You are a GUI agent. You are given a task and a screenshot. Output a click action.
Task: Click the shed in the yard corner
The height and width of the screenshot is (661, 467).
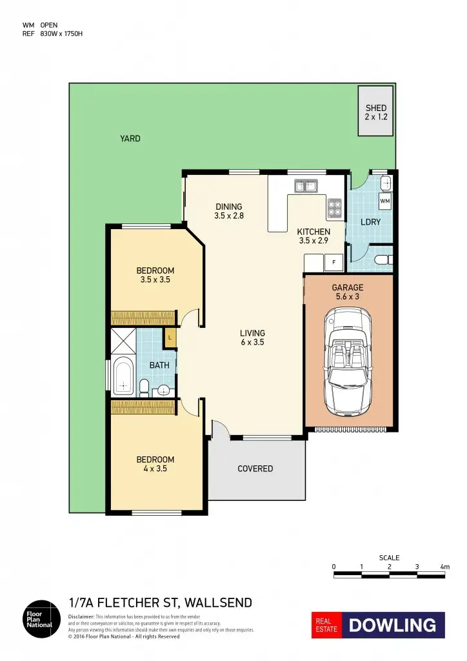[375, 111]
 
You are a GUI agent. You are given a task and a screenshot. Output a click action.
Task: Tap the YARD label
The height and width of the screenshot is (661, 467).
[130, 139]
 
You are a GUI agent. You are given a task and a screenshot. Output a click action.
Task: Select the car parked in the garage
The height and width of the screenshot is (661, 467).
[348, 361]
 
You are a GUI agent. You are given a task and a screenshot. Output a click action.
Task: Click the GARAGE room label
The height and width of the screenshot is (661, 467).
[348, 288]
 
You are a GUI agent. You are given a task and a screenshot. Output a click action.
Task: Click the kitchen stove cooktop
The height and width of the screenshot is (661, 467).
[335, 208]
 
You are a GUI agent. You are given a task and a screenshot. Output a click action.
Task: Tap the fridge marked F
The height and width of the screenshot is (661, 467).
[333, 263]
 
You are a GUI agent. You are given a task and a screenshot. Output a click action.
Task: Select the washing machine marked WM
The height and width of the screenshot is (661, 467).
[385, 202]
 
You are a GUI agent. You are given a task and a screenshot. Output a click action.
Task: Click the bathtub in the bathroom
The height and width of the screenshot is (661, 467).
[123, 378]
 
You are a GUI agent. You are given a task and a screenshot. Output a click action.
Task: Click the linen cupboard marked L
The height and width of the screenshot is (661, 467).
[170, 338]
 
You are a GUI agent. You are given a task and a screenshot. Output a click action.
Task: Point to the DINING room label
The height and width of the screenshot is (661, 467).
[229, 207]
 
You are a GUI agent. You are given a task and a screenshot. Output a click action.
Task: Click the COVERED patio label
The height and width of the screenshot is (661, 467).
[255, 469]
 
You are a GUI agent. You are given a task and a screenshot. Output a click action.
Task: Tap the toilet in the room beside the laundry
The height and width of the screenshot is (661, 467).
[382, 260]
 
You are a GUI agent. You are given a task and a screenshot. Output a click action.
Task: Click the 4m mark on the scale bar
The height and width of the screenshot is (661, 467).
[444, 567]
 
